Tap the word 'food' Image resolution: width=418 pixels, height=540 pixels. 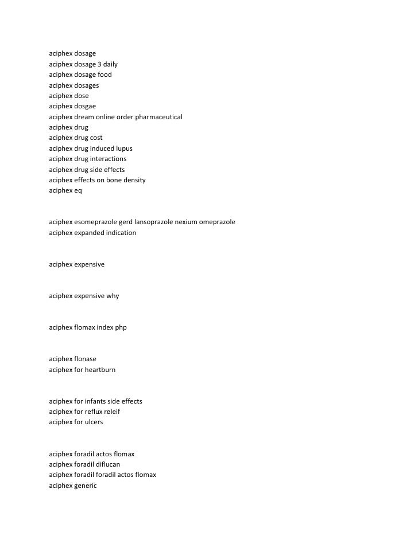pyautogui.click(x=105, y=75)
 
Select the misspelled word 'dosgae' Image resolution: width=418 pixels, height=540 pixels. pyautogui.click(x=85, y=106)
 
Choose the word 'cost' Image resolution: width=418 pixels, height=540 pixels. pyautogui.click(x=96, y=138)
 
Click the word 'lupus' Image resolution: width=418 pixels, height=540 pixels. pyautogui.click(x=124, y=148)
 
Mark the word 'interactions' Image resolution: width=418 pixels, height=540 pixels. pyautogui.click(x=109, y=159)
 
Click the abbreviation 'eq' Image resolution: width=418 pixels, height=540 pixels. pyautogui.click(x=78, y=190)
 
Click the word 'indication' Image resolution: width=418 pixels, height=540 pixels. pyautogui.click(x=121, y=233)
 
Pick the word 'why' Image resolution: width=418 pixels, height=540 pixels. pyautogui.click(x=113, y=296)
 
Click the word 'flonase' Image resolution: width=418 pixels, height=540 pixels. pyautogui.click(x=85, y=359)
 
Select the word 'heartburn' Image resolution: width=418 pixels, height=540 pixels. pyautogui.click(x=100, y=370)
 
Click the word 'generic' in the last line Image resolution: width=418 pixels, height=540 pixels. pyautogui.click(x=86, y=486)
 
